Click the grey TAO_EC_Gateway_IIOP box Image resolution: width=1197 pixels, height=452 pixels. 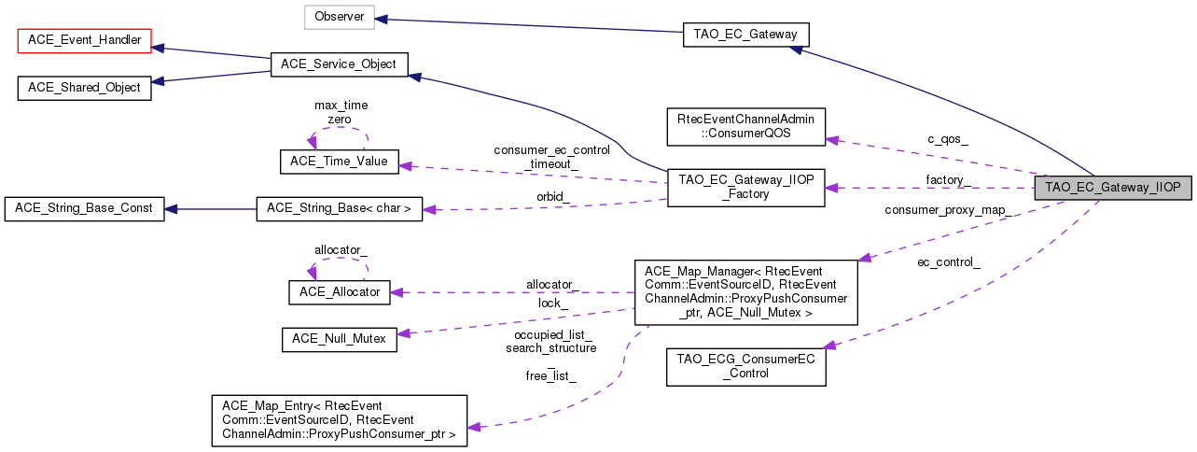tap(1113, 187)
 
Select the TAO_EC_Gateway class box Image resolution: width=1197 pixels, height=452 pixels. tap(745, 35)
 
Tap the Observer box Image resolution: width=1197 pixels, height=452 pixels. tap(339, 17)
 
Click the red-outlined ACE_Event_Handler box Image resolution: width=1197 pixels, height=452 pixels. tap(85, 40)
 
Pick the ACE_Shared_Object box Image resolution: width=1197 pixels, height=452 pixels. tap(85, 88)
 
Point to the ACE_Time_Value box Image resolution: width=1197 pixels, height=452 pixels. tap(340, 161)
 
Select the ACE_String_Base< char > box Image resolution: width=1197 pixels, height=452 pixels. tap(339, 207)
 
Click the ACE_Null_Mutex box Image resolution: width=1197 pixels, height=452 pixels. tap(340, 340)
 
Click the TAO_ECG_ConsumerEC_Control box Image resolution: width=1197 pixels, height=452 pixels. tap(745, 366)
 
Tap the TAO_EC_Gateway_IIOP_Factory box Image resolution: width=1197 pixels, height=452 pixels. tap(745, 187)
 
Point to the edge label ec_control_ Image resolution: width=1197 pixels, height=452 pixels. tap(948, 262)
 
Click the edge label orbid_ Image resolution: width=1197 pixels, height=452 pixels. tap(552, 196)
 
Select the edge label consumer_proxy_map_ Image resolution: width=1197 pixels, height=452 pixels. tap(948, 210)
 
